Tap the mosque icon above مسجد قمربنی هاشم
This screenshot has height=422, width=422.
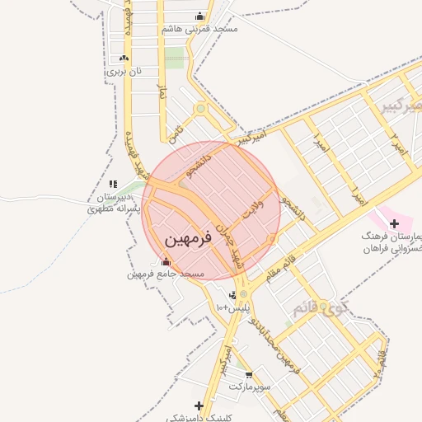199,16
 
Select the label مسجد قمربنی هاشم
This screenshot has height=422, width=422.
200,28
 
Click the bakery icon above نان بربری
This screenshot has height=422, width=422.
124,59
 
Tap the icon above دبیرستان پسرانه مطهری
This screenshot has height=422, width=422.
113,184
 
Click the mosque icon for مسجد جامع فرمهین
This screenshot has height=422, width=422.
166,261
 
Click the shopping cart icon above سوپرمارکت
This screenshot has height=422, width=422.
249,374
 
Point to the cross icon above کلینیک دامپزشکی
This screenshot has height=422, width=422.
199,406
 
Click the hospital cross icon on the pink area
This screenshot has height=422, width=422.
393,223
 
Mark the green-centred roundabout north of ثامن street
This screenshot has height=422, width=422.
200,109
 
